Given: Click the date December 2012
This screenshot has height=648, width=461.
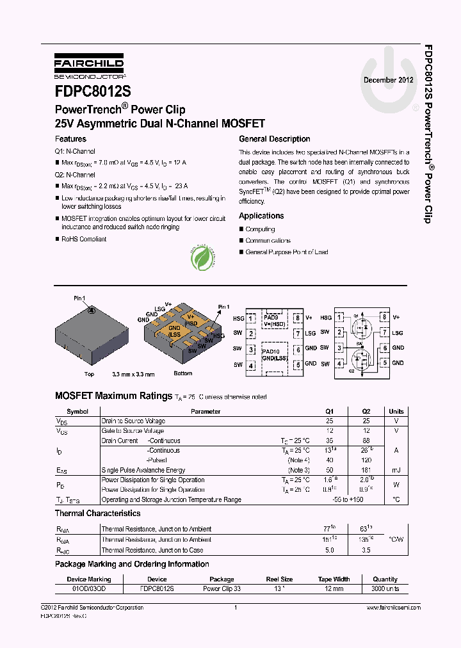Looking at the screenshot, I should click(x=388, y=80).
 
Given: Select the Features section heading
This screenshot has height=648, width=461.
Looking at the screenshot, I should click(x=70, y=139).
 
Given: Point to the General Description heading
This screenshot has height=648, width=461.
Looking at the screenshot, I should click(x=274, y=139).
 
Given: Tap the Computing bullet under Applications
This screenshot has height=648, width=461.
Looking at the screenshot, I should click(x=260, y=229).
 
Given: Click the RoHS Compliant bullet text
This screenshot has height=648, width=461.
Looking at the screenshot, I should click(x=84, y=239).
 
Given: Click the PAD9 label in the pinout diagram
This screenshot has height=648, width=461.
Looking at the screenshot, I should click(x=271, y=318).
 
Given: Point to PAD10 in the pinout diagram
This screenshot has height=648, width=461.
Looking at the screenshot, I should click(x=271, y=351).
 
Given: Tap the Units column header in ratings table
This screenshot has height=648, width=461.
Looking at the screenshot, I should click(x=396, y=411).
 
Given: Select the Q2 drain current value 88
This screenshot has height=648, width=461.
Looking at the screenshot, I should click(x=366, y=441).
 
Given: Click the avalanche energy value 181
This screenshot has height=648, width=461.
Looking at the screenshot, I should click(x=366, y=470).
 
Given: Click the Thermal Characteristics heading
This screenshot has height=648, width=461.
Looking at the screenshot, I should click(x=97, y=514).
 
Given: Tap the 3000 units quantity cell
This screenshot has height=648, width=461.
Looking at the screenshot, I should click(x=385, y=588).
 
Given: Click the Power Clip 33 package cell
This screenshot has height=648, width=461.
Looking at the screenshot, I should click(x=222, y=588).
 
